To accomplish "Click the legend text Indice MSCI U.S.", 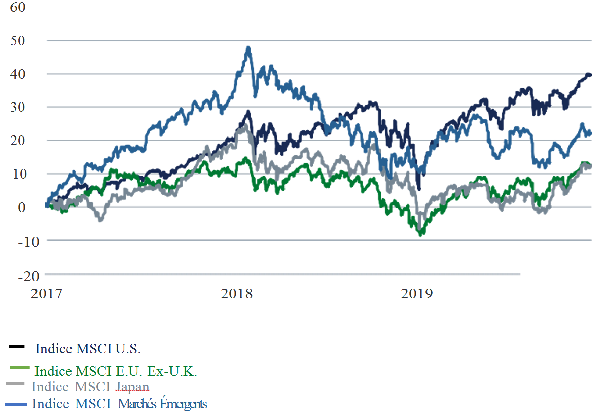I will (x=88, y=349).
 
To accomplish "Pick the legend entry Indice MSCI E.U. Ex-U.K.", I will (x=116, y=371).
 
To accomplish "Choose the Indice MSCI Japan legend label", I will (x=90, y=387).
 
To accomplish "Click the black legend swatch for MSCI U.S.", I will (x=17, y=347).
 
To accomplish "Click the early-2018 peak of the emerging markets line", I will (x=248, y=48).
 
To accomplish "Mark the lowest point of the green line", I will (x=420, y=235).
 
